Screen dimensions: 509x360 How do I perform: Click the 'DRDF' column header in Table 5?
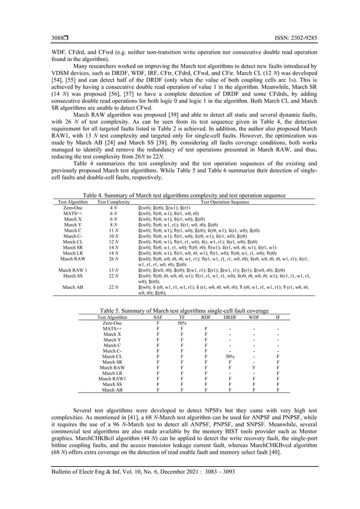point(230,317)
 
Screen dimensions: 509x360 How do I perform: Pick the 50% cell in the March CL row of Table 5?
point(230,357)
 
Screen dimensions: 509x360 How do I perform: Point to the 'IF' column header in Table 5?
point(278,317)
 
